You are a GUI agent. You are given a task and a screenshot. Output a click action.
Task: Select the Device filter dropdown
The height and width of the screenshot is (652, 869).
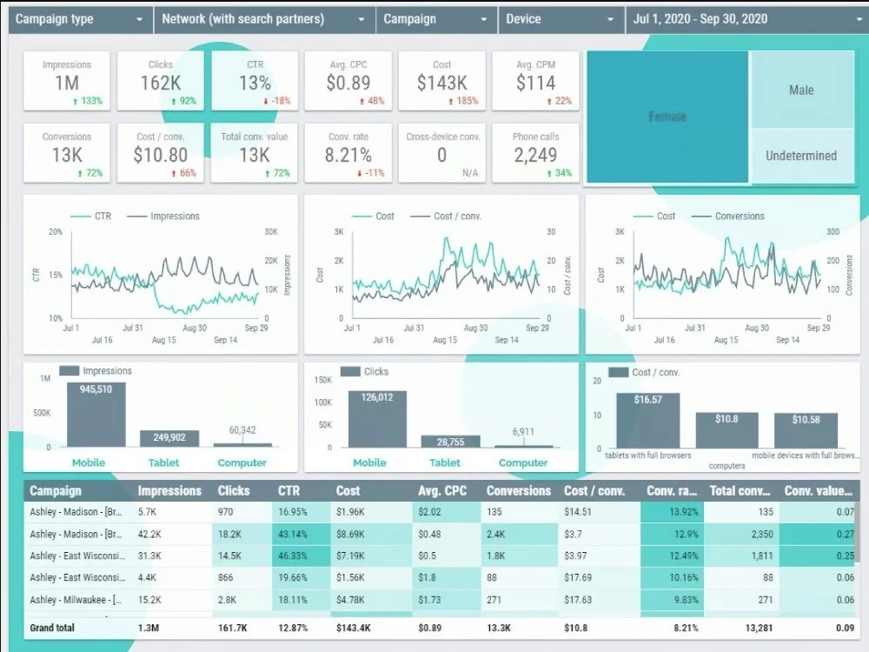tap(560, 19)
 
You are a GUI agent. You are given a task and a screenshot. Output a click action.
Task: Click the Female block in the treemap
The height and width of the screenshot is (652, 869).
tap(667, 116)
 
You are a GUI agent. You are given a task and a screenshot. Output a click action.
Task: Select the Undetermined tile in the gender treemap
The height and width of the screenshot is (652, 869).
tap(801, 156)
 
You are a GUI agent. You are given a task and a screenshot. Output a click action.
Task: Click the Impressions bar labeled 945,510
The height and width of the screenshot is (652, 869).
tap(96, 414)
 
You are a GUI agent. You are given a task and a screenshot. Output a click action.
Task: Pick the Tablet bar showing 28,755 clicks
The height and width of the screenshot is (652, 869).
tap(451, 441)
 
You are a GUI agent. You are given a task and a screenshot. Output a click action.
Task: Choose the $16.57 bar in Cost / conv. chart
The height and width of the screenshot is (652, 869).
tap(648, 420)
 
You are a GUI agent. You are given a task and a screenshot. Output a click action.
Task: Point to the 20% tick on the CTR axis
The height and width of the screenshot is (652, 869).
tap(56, 232)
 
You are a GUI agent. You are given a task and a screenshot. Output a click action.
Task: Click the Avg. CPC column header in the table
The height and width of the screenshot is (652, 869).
tap(442, 491)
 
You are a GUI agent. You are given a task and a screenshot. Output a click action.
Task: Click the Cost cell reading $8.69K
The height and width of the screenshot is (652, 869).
tap(355, 534)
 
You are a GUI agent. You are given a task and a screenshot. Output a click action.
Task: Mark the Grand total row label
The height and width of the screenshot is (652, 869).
tap(52, 628)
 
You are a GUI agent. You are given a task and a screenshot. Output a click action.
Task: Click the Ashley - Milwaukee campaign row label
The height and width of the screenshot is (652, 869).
tap(77, 600)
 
